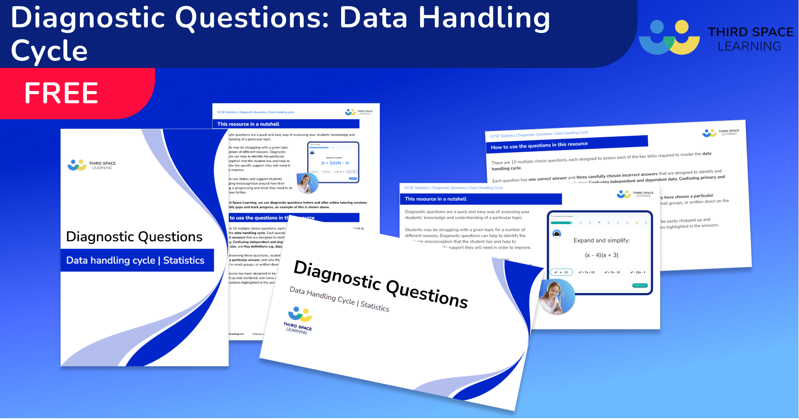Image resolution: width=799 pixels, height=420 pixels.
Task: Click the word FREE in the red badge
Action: (x=61, y=93)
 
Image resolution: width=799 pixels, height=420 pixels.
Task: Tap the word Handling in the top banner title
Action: (x=484, y=19)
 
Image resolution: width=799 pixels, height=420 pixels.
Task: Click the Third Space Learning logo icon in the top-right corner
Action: (x=669, y=37)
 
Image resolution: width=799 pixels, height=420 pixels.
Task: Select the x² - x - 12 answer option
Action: (x=561, y=272)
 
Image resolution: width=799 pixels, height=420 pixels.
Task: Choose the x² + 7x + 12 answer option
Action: (x=586, y=272)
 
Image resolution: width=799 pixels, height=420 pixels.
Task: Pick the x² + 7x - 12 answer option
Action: (x=612, y=272)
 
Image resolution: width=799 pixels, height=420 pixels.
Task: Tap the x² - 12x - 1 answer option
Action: (x=638, y=272)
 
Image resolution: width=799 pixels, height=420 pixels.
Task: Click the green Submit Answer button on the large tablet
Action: (x=640, y=285)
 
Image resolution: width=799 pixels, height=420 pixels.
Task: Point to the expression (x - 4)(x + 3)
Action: (x=602, y=255)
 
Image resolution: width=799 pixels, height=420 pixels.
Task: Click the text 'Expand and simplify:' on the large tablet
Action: (x=602, y=240)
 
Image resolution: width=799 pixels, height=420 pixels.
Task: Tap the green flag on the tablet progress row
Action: (x=599, y=222)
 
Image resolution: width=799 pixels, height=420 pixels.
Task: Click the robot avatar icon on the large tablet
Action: (x=557, y=234)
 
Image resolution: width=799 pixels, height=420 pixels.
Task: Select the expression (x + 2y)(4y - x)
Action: (x=335, y=163)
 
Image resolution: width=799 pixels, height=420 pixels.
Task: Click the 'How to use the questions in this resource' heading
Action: (x=539, y=145)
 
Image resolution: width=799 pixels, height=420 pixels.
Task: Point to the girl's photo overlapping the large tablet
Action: (x=556, y=297)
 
